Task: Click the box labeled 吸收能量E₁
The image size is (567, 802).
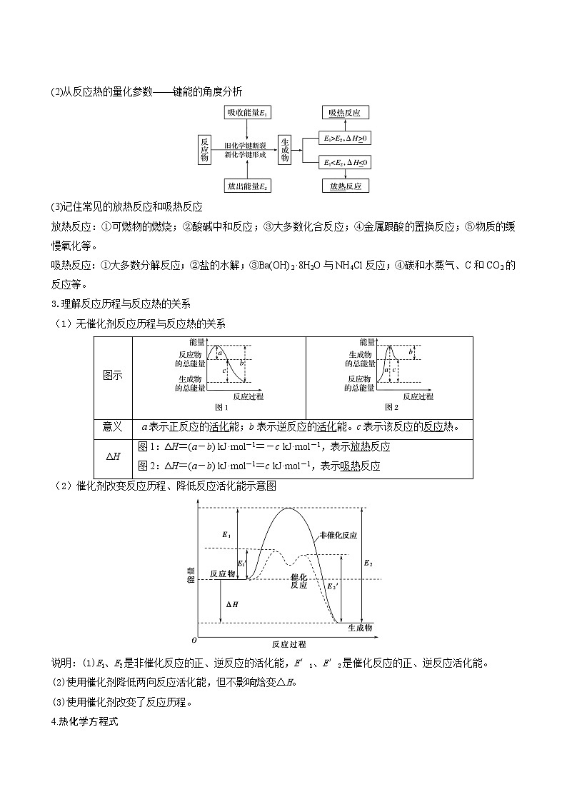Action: tap(246, 114)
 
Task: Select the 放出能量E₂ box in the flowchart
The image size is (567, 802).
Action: tap(246, 186)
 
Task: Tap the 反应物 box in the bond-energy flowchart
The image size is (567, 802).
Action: tap(205, 149)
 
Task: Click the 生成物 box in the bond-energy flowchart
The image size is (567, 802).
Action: tap(285, 149)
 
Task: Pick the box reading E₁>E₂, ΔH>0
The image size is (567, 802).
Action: tap(346, 137)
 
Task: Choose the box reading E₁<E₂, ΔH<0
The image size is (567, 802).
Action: tap(346, 163)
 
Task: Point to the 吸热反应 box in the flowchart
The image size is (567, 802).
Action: tap(345, 114)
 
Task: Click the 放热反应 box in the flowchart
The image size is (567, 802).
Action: tap(345, 186)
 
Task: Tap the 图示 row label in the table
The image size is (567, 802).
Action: tap(113, 375)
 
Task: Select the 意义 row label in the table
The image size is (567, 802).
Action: tap(113, 427)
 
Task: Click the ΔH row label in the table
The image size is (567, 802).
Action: tap(113, 457)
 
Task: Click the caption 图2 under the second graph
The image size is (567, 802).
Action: tap(391, 407)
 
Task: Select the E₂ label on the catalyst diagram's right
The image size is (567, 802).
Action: tap(368, 563)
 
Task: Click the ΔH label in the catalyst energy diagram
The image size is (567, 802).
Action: tap(232, 603)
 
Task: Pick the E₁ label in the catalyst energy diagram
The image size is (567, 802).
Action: tap(226, 534)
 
